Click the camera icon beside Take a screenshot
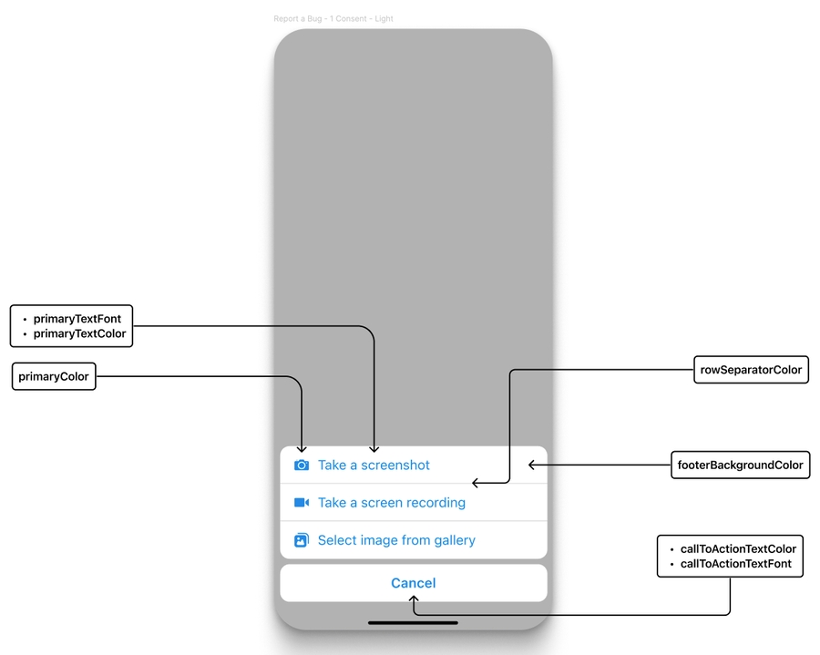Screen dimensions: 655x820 [x=302, y=466]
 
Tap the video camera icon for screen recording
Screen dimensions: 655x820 [x=302, y=503]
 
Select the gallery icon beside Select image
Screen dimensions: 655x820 [x=302, y=540]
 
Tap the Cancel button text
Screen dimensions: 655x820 [x=414, y=583]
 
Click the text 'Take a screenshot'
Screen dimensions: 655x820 [x=374, y=466]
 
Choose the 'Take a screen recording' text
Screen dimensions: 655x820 [x=392, y=503]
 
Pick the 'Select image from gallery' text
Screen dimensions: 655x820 [x=396, y=540]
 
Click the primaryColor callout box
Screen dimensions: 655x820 [x=55, y=376]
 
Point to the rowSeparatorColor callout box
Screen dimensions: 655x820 [x=751, y=370]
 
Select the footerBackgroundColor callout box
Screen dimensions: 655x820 [x=740, y=465]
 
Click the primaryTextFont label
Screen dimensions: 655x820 [x=77, y=319]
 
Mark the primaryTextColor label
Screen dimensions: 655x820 [x=79, y=334]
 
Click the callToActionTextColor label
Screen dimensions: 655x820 [x=738, y=549]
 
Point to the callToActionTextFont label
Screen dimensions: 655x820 [x=736, y=564]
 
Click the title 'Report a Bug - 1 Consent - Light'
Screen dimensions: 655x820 [x=333, y=18]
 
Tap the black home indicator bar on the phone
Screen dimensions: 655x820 [x=413, y=623]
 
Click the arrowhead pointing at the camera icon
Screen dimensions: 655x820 [x=302, y=448]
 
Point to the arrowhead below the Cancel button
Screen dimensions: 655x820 [x=414, y=600]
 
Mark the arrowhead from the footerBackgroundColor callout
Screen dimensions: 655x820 [x=532, y=465]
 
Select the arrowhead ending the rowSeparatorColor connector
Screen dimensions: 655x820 [x=476, y=484]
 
